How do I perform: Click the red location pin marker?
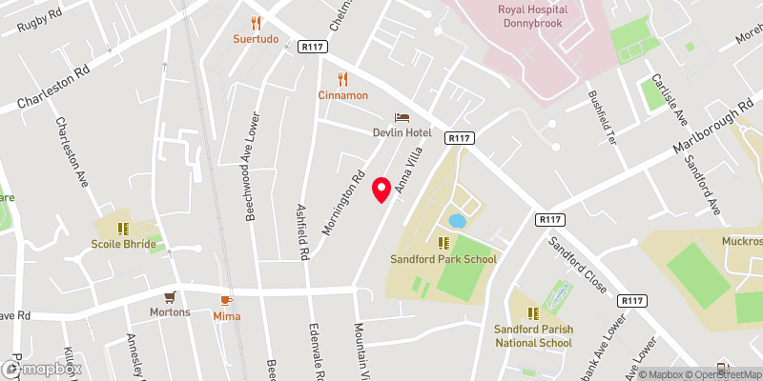tap(382, 190)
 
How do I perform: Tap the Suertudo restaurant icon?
tap(256, 23)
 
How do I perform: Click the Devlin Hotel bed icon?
tap(402, 117)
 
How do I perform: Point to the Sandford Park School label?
tap(443, 258)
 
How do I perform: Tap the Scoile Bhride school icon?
tap(122, 229)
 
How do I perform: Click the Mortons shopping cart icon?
tap(170, 297)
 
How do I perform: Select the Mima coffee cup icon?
tap(227, 300)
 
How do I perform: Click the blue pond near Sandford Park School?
tap(457, 221)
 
